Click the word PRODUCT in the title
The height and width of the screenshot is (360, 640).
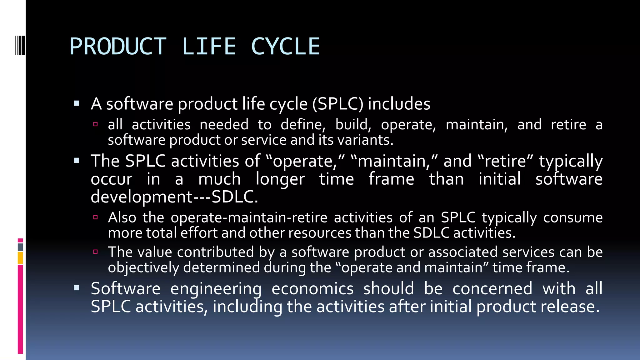tap(118, 47)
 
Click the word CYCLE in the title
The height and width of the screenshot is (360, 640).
tap(285, 47)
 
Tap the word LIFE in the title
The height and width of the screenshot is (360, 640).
tap(209, 47)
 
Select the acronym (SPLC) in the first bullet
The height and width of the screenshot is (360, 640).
tap(337, 104)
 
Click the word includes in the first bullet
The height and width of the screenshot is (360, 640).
tap(399, 104)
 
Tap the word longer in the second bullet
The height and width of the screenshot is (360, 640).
tap(280, 179)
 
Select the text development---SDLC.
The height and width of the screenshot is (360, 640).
tap(174, 197)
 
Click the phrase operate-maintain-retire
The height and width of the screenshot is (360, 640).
tap(249, 217)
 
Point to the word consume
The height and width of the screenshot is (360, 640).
tap(573, 217)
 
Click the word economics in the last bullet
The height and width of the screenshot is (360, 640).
tap(312, 288)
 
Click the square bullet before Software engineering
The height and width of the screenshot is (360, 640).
tap(77, 288)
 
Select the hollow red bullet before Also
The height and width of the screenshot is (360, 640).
tap(96, 217)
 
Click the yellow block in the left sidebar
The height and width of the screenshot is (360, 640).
tap(20, 258)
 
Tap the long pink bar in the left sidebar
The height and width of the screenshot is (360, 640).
tap(20, 309)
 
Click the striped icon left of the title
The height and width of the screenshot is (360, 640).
tap(20, 45)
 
